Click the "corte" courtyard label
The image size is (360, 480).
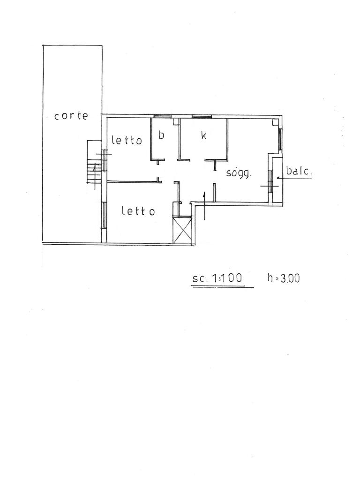pos(71,116)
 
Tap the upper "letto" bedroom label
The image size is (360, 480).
pos(127,140)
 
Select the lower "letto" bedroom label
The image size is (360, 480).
pos(138,211)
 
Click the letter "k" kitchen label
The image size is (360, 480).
pos(203,135)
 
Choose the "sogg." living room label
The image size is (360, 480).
pos(239,173)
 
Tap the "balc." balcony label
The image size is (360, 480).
pos(299,171)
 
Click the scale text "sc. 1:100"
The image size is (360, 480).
pos(217,278)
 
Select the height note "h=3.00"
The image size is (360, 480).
pos(284,278)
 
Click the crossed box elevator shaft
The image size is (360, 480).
pos(182,230)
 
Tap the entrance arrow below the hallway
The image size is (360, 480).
pos(204,206)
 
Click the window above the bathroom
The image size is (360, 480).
pos(162,116)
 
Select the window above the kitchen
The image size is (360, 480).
pos(202,116)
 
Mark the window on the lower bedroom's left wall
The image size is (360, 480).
pos(104,215)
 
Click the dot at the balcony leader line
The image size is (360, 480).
pos(277,178)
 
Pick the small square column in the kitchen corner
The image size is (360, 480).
pos(176,122)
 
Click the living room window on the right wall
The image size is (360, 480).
pos(280,139)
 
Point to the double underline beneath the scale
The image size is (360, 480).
pos(223,286)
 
